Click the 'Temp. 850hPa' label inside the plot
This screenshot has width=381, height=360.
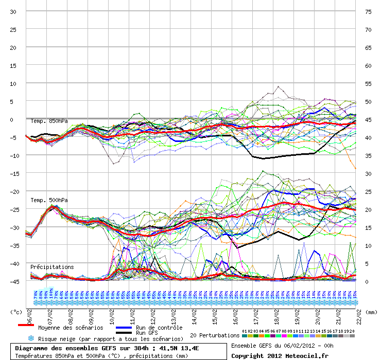click(49, 121)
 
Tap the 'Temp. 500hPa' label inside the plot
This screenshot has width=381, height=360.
click(49, 200)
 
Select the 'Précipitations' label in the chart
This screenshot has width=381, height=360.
click(52, 267)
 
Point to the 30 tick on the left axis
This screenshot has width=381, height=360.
click(13, 11)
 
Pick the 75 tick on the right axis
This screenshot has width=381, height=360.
click(368, 11)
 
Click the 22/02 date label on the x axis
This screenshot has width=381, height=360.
click(355, 311)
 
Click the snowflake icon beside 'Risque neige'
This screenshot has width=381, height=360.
click(31, 338)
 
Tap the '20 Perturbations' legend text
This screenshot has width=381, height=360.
click(215, 335)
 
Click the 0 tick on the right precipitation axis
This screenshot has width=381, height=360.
click(367, 281)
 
